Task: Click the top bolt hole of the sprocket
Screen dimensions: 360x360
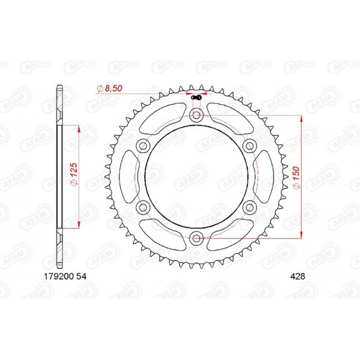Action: tap(196, 116)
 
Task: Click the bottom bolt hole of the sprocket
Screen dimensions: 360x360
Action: tap(196, 239)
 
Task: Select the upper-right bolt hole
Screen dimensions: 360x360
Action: tap(250, 146)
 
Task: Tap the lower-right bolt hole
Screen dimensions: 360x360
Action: tap(250, 208)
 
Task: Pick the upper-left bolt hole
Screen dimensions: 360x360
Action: tap(143, 146)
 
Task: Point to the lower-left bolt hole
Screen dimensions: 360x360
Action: tap(143, 208)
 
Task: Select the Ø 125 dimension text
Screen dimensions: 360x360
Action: tap(73, 175)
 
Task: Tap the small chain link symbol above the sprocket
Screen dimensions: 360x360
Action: tap(196, 95)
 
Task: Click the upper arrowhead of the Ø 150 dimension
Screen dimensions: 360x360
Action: tap(301, 119)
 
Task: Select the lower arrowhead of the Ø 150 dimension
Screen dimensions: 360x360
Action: tap(301, 236)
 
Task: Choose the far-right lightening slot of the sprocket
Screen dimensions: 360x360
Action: tap(262, 178)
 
